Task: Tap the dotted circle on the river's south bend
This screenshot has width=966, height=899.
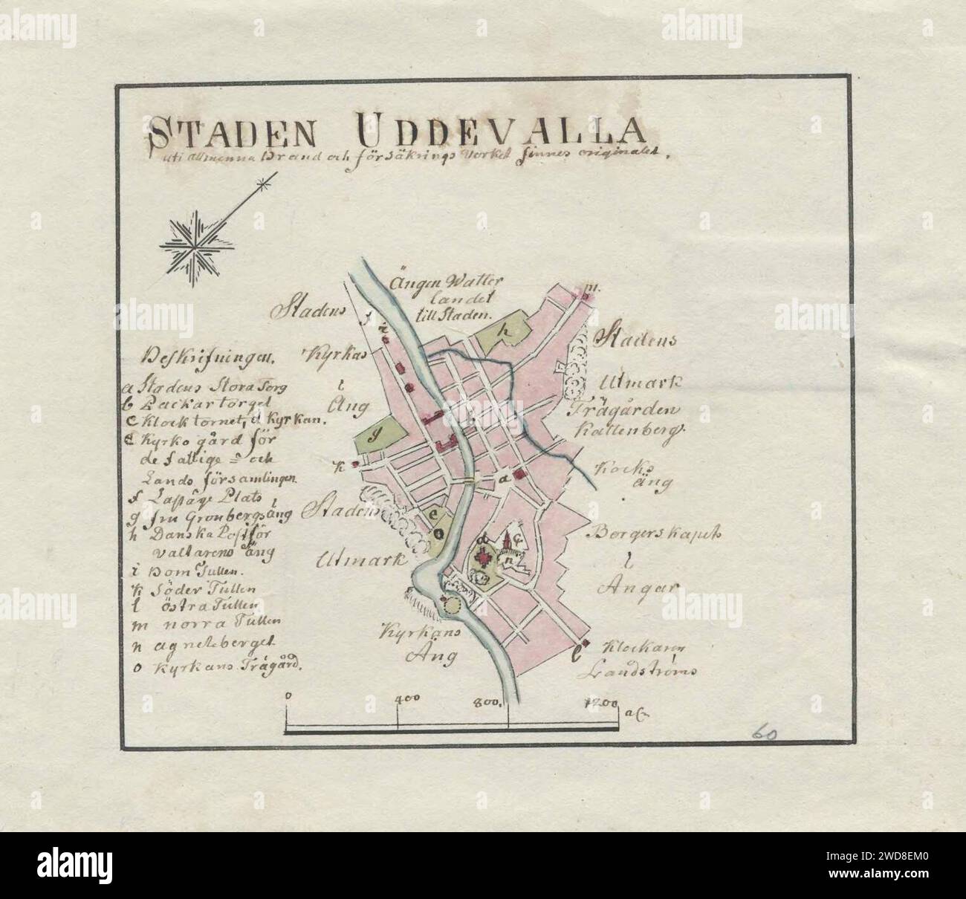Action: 452,606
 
